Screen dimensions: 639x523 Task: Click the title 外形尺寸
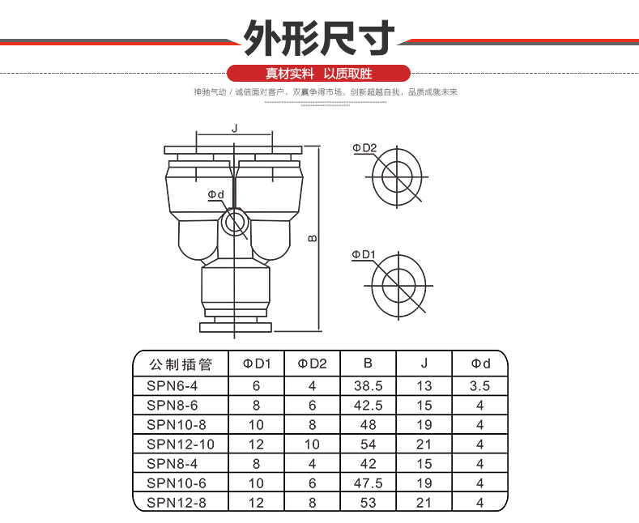(x=319, y=38)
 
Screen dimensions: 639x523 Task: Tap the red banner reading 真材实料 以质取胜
(x=318, y=74)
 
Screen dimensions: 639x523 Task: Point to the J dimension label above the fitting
(x=234, y=129)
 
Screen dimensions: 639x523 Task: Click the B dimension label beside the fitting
(x=313, y=238)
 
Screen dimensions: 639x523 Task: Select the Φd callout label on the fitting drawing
(x=216, y=194)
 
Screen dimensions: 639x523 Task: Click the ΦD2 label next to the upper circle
(x=364, y=148)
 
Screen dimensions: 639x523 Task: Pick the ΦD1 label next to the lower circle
(x=364, y=254)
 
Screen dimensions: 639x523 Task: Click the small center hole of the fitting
(x=234, y=223)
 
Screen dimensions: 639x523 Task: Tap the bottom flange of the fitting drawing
(x=236, y=327)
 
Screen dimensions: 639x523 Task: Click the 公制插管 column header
(x=181, y=364)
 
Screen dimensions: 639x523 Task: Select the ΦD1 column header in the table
(x=257, y=364)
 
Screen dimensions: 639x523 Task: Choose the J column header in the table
(x=424, y=364)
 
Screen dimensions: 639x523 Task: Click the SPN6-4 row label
(x=172, y=385)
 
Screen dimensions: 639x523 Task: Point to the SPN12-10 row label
(x=181, y=444)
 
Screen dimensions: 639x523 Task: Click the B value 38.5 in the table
(x=368, y=385)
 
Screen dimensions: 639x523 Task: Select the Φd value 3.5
(x=479, y=385)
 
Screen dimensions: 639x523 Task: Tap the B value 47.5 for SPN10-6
(x=368, y=483)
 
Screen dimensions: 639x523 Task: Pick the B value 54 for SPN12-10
(x=368, y=444)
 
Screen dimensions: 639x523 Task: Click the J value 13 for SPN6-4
(x=424, y=385)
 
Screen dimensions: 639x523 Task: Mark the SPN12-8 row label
(x=177, y=503)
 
